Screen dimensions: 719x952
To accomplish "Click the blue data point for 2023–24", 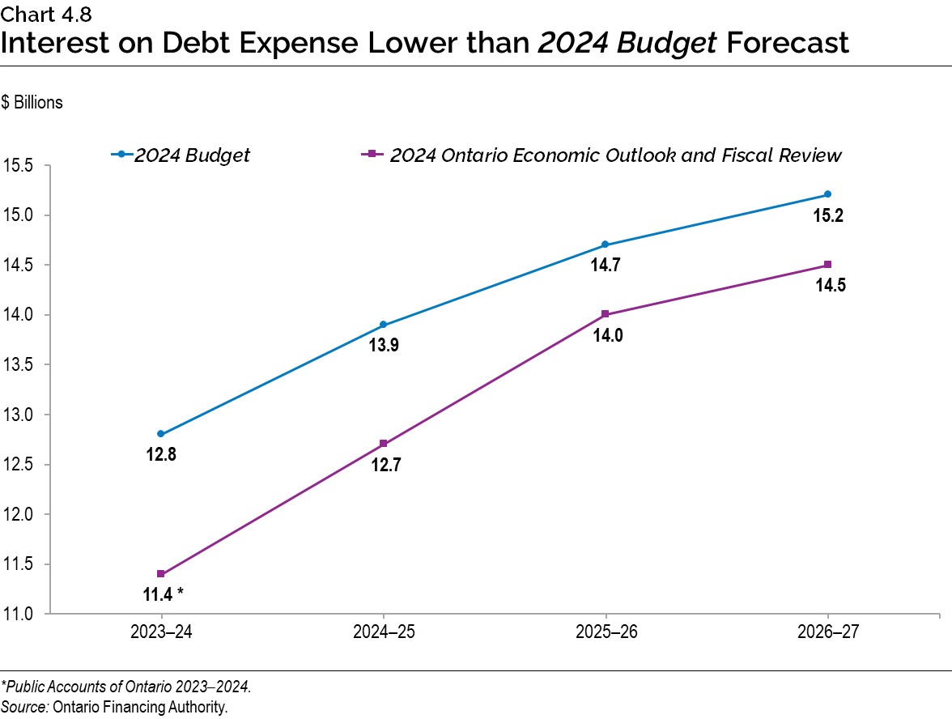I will click(161, 434).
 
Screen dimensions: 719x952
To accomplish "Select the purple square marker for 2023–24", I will click(161, 573).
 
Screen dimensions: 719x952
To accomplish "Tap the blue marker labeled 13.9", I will click(383, 325).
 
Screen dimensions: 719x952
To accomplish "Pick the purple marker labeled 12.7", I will click(383, 444).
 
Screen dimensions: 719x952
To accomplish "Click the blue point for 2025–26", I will click(606, 245).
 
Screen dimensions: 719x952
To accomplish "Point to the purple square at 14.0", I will click(606, 314).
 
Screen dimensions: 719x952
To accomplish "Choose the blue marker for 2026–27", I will click(827, 194).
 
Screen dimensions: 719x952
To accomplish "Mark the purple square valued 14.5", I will click(827, 265).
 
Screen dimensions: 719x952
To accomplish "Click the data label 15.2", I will click(827, 216).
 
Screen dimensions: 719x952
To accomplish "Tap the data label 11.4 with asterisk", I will click(161, 595).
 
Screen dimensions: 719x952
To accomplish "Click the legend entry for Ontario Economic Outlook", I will click(615, 155).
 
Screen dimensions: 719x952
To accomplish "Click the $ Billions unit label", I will click(32, 104).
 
